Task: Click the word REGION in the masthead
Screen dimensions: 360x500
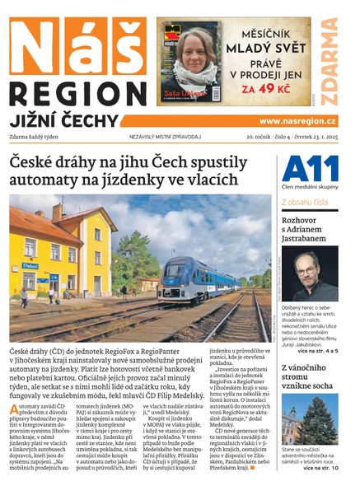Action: (78, 91)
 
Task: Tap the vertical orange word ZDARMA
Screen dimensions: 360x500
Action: (330, 61)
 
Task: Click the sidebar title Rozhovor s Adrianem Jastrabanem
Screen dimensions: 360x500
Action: (310, 231)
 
